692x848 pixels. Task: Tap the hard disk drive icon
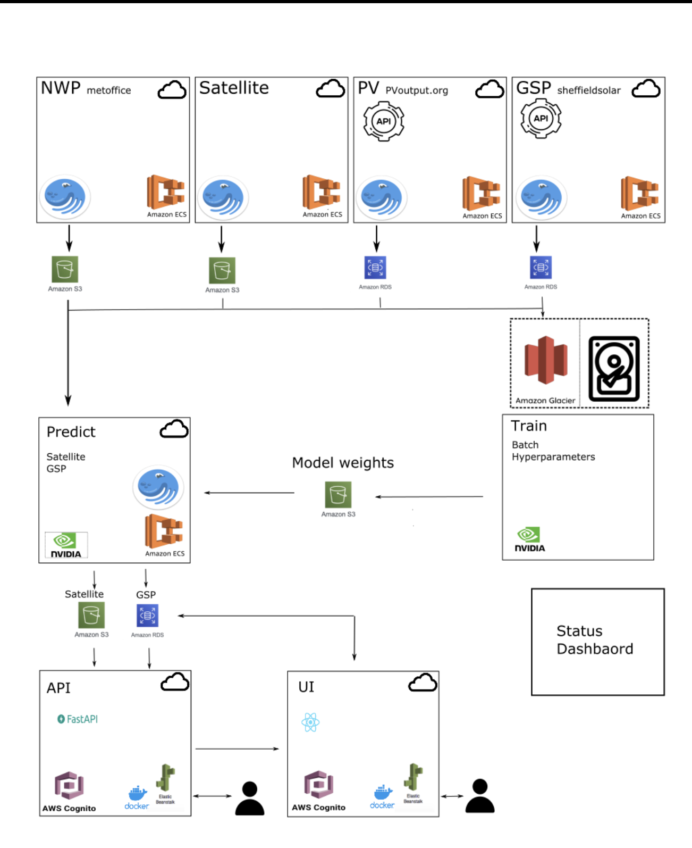coord(614,368)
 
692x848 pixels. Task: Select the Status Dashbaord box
coord(597,641)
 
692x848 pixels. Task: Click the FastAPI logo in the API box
coord(78,719)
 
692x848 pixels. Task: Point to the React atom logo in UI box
coord(310,722)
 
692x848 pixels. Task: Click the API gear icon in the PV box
coord(384,121)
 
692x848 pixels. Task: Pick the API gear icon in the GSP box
coord(541,119)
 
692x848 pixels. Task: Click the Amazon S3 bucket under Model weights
coord(338,495)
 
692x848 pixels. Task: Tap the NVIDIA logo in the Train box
coord(529,539)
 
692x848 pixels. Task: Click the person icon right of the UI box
coord(480,796)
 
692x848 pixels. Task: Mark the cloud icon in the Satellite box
coord(330,89)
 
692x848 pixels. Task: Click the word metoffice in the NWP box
coord(108,90)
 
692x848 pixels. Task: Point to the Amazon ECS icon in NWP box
coord(166,192)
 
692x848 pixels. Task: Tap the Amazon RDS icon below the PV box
coord(375,268)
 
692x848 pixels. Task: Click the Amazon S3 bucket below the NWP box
coord(65,269)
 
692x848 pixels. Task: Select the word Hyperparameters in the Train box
coord(553,457)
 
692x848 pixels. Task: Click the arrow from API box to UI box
coord(237,749)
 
